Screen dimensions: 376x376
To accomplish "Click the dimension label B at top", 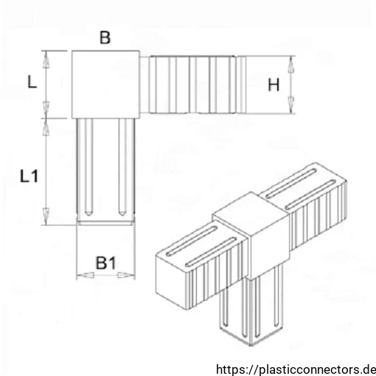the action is click(x=105, y=38).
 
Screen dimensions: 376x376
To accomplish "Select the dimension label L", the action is click(x=32, y=82).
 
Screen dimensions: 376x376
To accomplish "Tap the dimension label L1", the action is click(x=29, y=176).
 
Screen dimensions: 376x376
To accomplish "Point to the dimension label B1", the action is click(x=106, y=262).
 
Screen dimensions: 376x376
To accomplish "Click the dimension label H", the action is click(x=274, y=85).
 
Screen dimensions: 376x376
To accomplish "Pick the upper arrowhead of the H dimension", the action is click(x=291, y=65).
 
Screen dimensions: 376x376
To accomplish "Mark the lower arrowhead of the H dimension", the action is click(x=291, y=105).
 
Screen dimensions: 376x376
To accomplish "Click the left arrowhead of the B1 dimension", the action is click(x=86, y=275).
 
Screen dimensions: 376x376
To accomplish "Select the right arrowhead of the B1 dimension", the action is click(x=126, y=275).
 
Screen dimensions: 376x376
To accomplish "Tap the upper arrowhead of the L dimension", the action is click(x=46, y=60).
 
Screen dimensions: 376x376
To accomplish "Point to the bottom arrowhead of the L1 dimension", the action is click(x=46, y=216).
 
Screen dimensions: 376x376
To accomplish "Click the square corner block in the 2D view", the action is click(x=105, y=85).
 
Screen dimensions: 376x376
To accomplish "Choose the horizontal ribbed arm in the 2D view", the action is click(x=193, y=85).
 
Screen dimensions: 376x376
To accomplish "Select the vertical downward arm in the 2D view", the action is click(x=105, y=171).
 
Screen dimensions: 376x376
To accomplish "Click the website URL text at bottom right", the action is click(x=296, y=369).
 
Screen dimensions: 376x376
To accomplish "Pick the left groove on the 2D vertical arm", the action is click(x=88, y=167).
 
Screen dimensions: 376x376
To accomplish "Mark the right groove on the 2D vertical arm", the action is click(x=122, y=167).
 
